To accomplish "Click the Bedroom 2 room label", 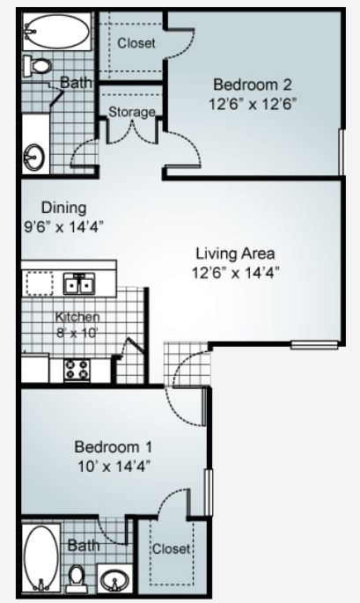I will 240,85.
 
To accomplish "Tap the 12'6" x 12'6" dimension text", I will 240,102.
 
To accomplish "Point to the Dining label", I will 63,208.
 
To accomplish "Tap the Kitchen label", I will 77,317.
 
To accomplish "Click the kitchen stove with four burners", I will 77,369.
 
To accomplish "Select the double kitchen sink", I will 79,283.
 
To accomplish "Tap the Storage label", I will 132,112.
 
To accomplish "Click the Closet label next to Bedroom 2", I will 136,42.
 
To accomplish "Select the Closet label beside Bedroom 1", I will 172,548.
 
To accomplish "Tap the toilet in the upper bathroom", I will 39,65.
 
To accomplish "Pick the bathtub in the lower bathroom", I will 40,556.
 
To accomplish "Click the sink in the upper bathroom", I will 35,157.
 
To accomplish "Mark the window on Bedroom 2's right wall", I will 340,151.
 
